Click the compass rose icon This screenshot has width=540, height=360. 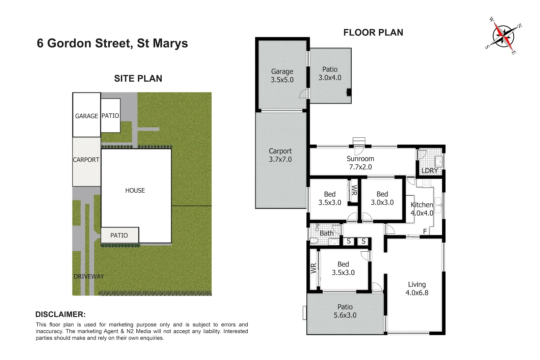[x=504, y=35]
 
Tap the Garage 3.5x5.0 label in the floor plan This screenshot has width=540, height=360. [x=282, y=76]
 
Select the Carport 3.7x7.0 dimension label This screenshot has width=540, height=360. [x=280, y=155]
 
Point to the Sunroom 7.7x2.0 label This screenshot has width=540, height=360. [x=360, y=163]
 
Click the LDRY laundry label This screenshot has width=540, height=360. [x=429, y=171]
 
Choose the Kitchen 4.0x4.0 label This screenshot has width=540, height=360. [x=422, y=209]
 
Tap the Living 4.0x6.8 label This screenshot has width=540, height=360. [x=417, y=288]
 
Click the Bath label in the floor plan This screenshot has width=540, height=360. [x=326, y=233]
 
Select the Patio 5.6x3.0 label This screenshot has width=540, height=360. [x=345, y=311]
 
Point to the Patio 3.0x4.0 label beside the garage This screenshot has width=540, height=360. [x=330, y=73]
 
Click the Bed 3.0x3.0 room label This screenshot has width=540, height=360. [x=382, y=198]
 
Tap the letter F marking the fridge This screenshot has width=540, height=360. [x=425, y=231]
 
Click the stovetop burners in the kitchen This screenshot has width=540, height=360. [x=427, y=183]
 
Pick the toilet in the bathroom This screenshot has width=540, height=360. [x=314, y=241]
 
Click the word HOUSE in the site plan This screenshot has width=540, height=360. [x=135, y=191]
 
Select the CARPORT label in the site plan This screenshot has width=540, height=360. [x=86, y=160]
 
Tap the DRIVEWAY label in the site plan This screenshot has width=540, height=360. [x=89, y=277]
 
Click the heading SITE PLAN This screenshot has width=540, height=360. [x=138, y=79]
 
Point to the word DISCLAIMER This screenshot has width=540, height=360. [x=60, y=314]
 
